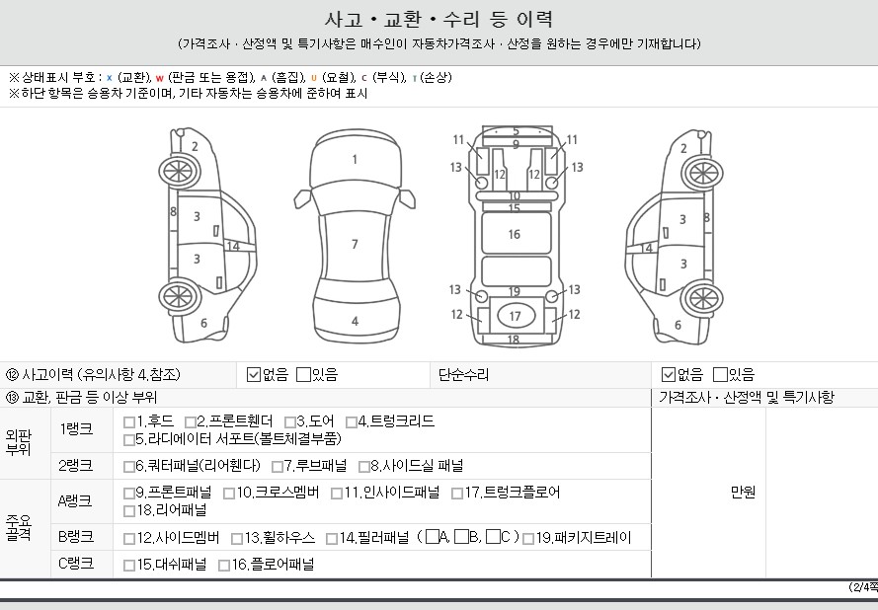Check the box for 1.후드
128,421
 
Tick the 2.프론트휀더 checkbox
191,421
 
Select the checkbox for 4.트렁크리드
351,421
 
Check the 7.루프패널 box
278,467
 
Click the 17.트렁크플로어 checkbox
457,494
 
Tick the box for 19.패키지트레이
527,539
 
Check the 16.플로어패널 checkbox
224,566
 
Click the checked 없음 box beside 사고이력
254,374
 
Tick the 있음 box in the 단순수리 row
720,374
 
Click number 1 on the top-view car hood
355,160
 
